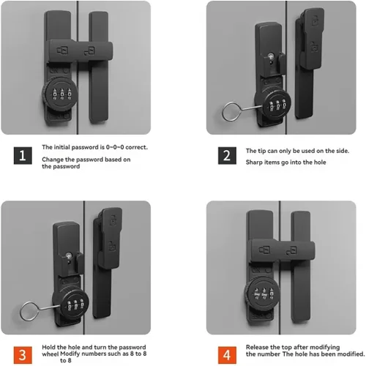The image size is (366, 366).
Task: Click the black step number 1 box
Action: click(23, 155)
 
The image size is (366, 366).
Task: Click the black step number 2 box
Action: click(227, 155)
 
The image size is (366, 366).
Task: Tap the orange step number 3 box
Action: click(23, 355)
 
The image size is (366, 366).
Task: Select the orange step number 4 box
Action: click(227, 355)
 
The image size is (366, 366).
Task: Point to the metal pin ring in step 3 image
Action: click(20, 313)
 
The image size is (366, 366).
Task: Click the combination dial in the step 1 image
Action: click(61, 94)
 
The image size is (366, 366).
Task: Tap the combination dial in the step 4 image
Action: click(263, 294)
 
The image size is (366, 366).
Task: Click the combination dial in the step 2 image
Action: click(273, 105)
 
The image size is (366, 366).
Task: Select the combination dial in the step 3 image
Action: click(71, 305)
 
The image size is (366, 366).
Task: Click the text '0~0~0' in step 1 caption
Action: click(115, 147)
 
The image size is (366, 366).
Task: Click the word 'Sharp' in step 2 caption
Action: click(254, 163)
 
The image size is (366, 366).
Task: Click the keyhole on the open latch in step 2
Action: click(271, 57)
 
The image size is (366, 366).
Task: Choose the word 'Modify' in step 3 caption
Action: click(70, 354)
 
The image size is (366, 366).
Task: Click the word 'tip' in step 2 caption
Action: click(262, 151)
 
